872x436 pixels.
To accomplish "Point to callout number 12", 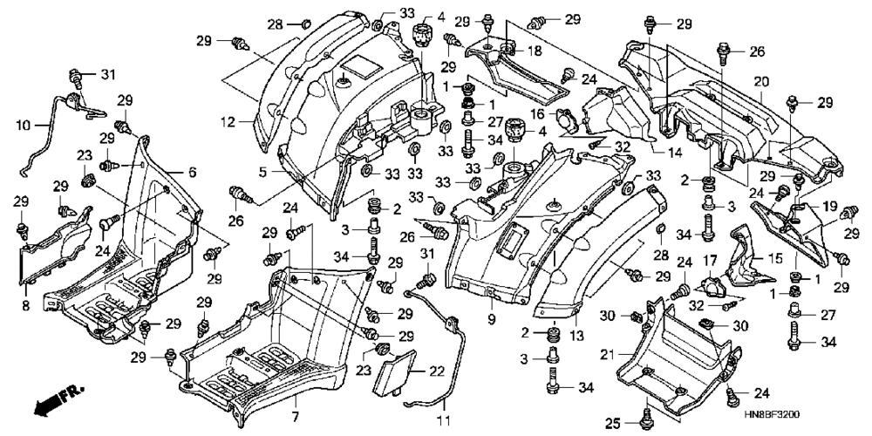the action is pyautogui.click(x=235, y=122).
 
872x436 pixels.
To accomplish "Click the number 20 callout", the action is pyautogui.click(x=761, y=82).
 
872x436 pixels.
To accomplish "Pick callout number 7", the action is pyautogui.click(x=295, y=416).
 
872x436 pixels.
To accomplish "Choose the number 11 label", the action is pyautogui.click(x=444, y=417).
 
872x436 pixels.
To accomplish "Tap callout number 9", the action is pyautogui.click(x=492, y=319).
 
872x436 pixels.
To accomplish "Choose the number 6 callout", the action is pyautogui.click(x=192, y=173).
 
